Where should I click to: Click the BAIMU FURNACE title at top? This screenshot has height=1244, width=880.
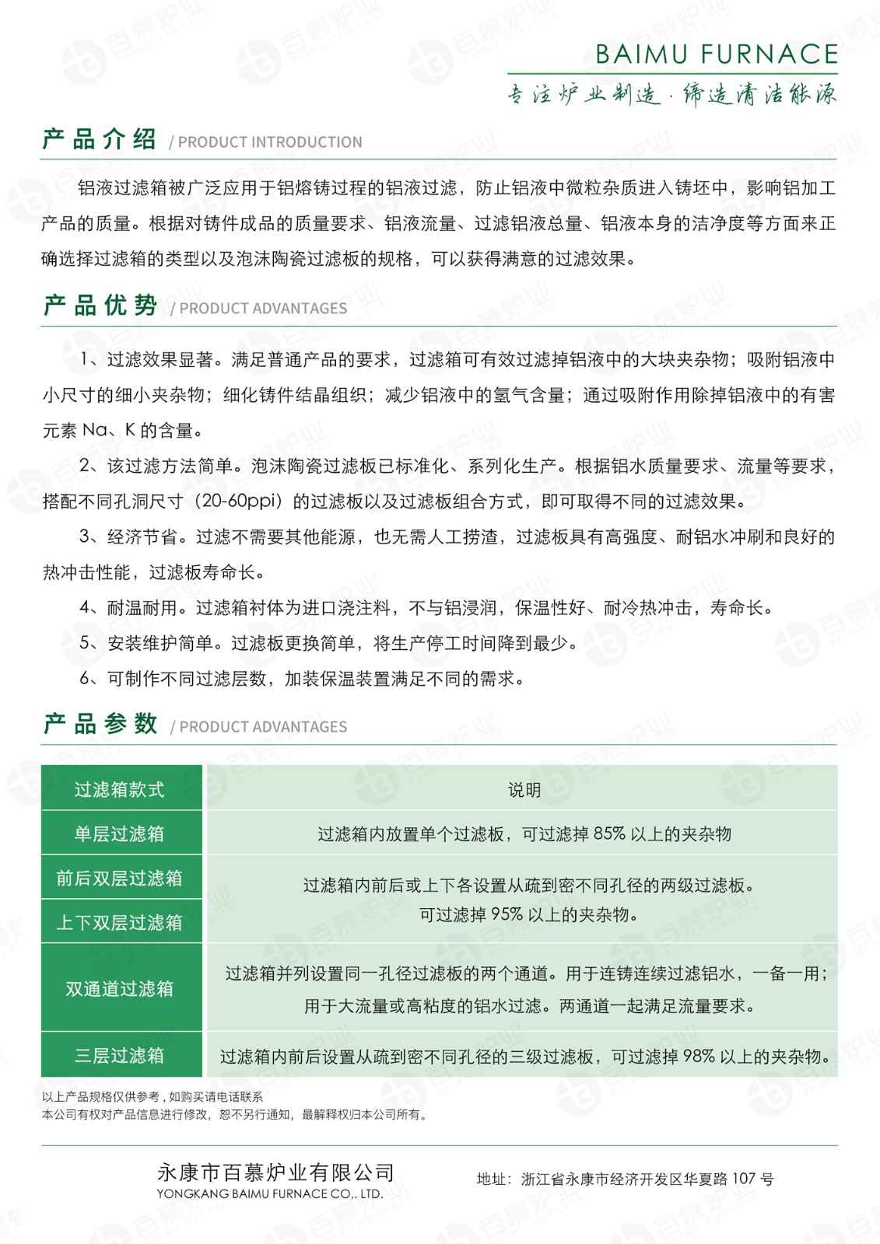tap(716, 54)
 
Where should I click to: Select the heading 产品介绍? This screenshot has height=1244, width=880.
tap(99, 140)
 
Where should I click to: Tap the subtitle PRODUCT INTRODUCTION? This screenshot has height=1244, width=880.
tap(269, 142)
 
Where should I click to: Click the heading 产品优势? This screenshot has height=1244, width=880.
tap(100, 306)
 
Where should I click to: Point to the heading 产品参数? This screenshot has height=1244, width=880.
tap(100, 724)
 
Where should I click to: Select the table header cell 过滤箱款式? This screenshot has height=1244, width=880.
tap(120, 790)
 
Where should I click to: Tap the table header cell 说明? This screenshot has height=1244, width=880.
tap(524, 790)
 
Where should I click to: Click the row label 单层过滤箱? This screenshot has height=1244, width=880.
tap(120, 834)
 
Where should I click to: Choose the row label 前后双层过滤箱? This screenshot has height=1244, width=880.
tap(120, 879)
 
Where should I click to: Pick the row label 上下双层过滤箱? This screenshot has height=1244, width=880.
tap(120, 923)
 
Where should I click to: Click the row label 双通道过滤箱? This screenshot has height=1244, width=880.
tap(120, 989)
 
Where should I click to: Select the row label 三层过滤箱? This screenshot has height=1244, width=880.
tap(120, 1056)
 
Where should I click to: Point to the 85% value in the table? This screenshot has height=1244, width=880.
tap(609, 834)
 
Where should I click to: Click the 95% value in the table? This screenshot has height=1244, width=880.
tap(507, 915)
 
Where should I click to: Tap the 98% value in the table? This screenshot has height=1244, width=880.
tap(699, 1057)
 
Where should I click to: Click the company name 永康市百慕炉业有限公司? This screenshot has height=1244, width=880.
tap(275, 1172)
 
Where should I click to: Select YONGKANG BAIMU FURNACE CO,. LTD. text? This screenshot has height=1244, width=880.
tap(270, 1194)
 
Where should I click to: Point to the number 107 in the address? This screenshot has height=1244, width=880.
tap(744, 1179)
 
